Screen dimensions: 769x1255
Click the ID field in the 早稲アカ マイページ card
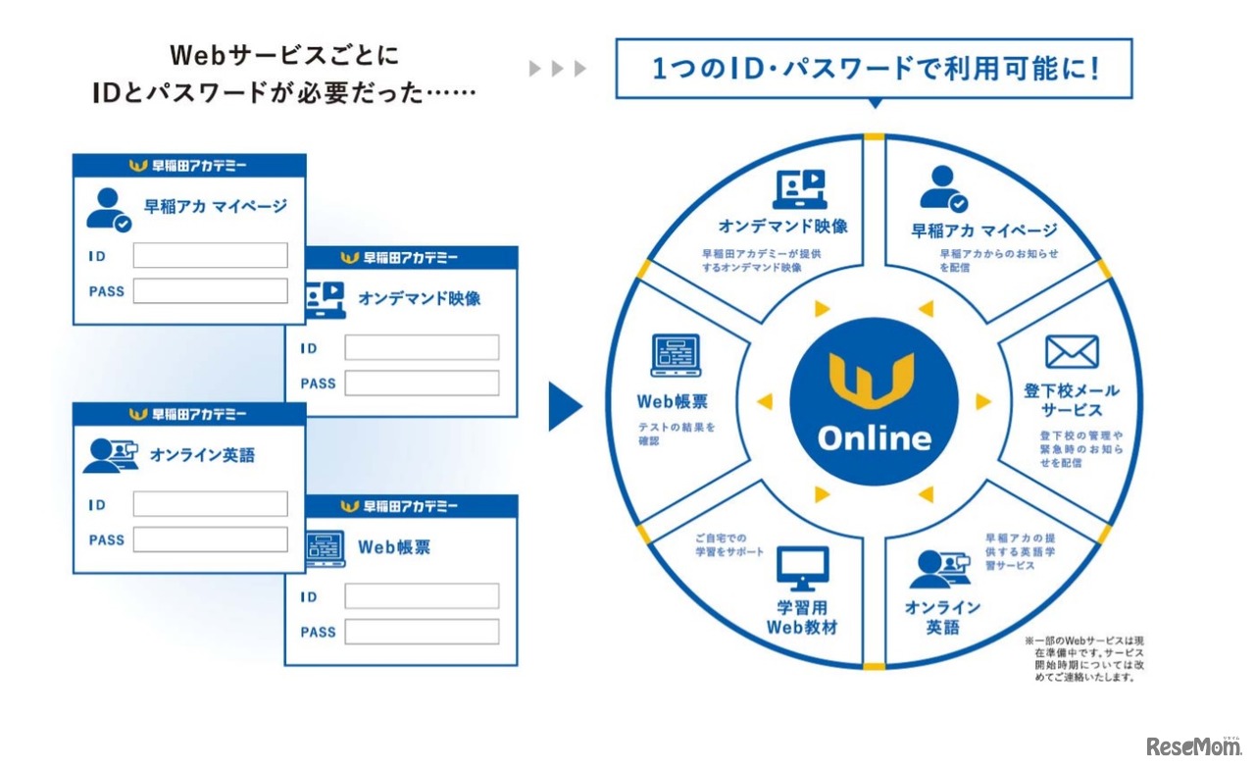coord(210,256)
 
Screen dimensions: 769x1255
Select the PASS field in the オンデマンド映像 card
coord(421,384)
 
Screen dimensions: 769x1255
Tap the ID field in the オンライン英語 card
coord(210,504)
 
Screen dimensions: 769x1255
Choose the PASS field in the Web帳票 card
coord(421,632)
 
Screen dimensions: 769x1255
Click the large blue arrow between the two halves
coord(564,406)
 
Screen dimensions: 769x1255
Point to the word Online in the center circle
coord(874,438)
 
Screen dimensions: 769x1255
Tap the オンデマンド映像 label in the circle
coord(782,226)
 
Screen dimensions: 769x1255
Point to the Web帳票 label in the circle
coord(672,401)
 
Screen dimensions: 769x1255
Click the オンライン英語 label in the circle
coord(941,617)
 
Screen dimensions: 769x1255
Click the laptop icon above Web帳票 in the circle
coord(676,355)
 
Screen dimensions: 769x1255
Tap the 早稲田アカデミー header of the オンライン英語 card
coord(189,414)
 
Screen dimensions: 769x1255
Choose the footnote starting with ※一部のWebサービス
coord(1083,657)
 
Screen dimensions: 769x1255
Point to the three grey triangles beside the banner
coord(557,69)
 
